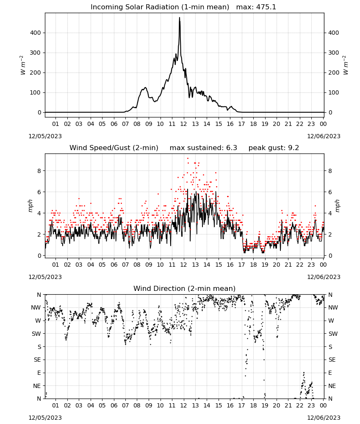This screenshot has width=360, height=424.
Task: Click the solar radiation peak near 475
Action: pos(179,18)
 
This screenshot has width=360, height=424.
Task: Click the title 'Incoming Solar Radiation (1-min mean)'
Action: pos(160,7)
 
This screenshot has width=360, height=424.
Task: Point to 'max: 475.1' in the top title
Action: pos(256,7)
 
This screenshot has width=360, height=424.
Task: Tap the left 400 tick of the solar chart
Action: pos(36,33)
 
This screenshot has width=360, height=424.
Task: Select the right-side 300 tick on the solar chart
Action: pos(334,53)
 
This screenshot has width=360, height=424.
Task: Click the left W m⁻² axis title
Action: pos(23,65)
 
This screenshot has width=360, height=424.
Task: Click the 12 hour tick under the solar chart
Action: pos(184,124)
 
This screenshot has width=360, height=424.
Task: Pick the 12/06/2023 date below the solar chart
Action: pos(324,136)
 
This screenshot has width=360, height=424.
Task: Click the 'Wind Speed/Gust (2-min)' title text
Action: pos(114,148)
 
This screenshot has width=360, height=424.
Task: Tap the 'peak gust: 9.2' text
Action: pos(274,148)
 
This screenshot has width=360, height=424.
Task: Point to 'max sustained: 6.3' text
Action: pos(203,148)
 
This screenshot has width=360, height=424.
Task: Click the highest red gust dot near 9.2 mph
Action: pos(188,159)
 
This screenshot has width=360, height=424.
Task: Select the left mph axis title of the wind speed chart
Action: pos(30,206)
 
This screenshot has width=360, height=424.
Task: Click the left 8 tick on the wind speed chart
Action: pos(39,171)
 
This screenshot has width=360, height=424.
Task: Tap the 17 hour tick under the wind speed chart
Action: pos(242,265)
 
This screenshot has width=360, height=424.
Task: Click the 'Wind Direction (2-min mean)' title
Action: pos(185,288)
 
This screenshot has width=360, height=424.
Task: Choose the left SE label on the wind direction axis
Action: pos(37,360)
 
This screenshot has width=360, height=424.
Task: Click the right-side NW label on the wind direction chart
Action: pos(333,308)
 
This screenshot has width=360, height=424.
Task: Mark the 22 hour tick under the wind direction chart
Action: pos(300,405)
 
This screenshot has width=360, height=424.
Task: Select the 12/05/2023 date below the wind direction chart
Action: pos(45,418)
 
